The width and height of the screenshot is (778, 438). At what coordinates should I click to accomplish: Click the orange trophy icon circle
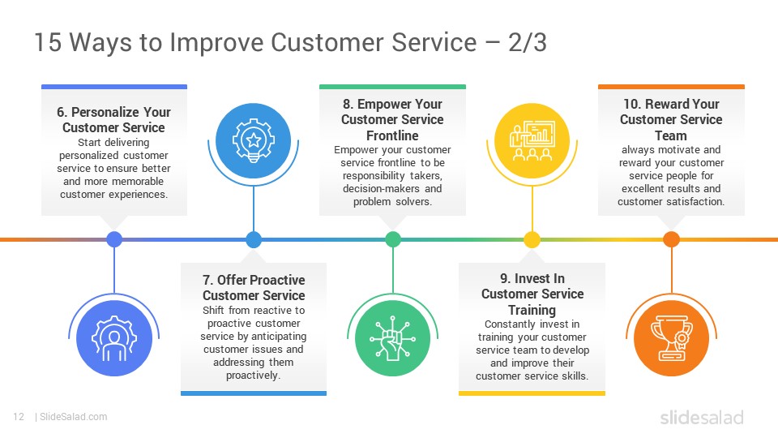point(671,338)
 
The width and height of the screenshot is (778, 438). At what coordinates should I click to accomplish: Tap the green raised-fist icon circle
point(392,338)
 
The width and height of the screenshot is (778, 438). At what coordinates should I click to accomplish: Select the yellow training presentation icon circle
point(532,141)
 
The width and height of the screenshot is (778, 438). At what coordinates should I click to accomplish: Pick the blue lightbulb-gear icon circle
point(254,141)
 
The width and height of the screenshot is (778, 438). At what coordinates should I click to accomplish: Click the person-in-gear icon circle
point(114,338)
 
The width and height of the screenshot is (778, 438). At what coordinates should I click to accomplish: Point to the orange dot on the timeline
point(671,239)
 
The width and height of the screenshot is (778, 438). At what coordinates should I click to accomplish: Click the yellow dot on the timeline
point(532,239)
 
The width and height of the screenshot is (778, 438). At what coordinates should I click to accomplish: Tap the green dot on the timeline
point(392,239)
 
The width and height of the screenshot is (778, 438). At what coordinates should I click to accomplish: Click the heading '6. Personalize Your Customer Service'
point(113,120)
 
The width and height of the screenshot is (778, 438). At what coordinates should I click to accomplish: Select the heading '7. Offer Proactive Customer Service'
point(254,287)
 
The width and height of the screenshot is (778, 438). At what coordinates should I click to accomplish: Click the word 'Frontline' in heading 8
point(392,135)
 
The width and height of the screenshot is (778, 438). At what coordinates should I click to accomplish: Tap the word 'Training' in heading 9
point(532,311)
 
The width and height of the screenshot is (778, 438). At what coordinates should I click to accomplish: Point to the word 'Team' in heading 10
point(671,135)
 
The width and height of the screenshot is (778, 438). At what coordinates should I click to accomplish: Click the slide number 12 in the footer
point(19,417)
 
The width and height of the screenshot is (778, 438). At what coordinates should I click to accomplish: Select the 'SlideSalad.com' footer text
point(74,417)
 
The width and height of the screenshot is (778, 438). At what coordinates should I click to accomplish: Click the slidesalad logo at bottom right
point(702,417)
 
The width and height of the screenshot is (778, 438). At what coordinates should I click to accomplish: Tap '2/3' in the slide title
point(528,41)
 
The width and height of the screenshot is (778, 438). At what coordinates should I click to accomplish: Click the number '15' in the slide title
point(48,41)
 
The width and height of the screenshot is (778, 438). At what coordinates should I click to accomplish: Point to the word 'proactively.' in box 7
point(254,376)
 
